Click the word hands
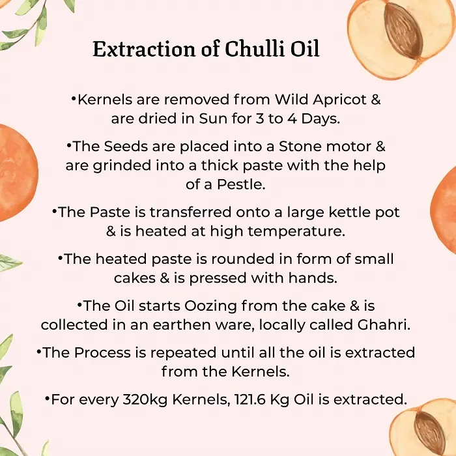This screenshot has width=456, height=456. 313,278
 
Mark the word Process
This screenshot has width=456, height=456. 102,352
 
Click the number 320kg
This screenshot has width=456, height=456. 145,400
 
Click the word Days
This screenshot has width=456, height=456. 321,119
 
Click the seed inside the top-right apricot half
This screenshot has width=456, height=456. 403,31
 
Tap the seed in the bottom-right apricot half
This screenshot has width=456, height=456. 429,431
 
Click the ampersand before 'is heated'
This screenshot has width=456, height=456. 111,231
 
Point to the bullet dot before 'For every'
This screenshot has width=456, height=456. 47,397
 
